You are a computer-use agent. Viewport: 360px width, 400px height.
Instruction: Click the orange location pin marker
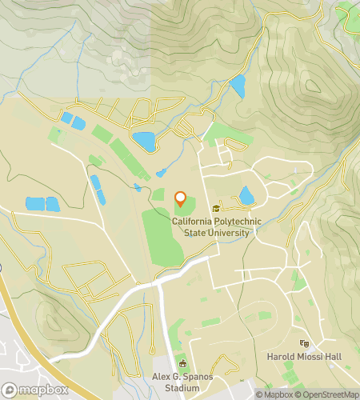click(181, 199)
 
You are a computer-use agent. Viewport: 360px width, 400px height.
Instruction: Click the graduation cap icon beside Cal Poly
click(215, 210)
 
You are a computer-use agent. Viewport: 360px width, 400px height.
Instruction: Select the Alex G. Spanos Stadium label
click(182, 381)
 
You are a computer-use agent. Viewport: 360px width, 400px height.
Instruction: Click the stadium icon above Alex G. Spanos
click(182, 363)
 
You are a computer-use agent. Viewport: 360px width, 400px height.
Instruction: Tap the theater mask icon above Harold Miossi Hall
click(303, 343)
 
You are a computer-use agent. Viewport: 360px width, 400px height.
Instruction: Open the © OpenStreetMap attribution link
click(327, 394)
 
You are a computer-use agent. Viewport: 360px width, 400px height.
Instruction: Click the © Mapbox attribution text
click(274, 394)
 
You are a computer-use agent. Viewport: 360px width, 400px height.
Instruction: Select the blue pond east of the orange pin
click(246, 195)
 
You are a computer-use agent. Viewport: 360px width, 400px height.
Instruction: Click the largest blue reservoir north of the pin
click(144, 142)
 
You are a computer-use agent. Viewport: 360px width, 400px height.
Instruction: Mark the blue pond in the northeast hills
click(238, 86)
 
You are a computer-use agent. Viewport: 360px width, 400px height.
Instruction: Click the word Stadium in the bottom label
click(182, 387)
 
